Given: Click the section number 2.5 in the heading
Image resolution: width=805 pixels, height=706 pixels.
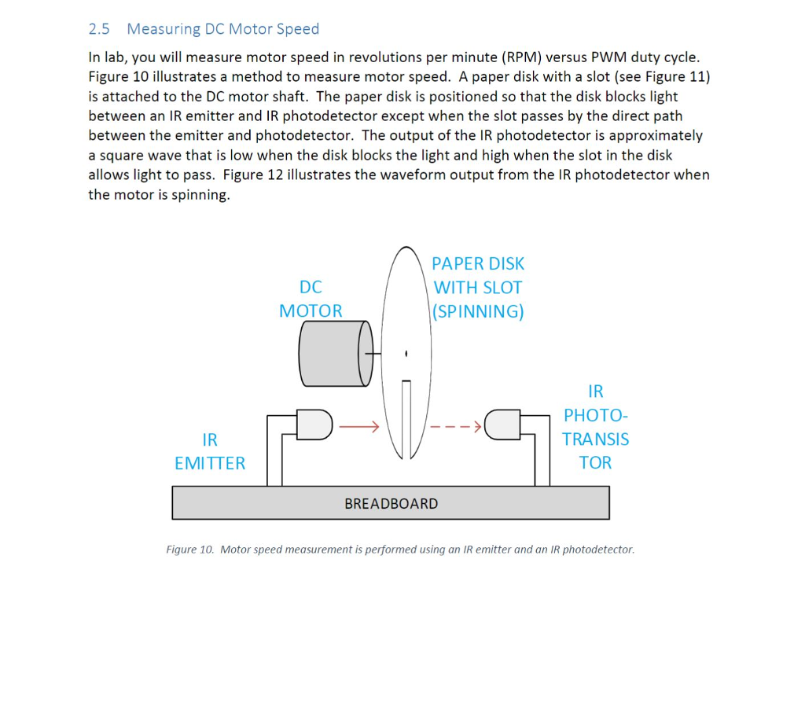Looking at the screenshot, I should pyautogui.click(x=99, y=29).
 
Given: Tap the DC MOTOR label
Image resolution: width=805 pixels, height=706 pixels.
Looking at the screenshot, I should pyautogui.click(x=311, y=299).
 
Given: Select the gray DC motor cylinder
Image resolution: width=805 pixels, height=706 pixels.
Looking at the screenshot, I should pyautogui.click(x=330, y=354).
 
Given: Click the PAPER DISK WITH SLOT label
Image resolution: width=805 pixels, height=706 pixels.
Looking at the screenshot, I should pyautogui.click(x=478, y=288).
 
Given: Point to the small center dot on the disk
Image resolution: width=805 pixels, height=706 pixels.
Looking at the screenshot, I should pyautogui.click(x=406, y=354).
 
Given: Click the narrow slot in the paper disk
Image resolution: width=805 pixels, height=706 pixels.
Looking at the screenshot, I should pyautogui.click(x=406, y=417).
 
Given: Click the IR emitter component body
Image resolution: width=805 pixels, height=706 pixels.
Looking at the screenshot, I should pyautogui.click(x=314, y=425).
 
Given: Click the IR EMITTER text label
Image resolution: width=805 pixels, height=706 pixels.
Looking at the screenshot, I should pyautogui.click(x=210, y=451).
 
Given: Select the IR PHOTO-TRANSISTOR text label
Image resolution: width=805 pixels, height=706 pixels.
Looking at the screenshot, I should pyautogui.click(x=595, y=427).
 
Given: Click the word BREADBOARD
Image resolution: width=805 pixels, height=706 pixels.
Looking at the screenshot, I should pyautogui.click(x=391, y=504).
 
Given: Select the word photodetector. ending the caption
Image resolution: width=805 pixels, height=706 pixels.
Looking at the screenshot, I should pyautogui.click(x=598, y=550).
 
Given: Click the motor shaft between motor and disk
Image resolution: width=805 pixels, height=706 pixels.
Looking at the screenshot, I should pyautogui.click(x=378, y=354).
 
